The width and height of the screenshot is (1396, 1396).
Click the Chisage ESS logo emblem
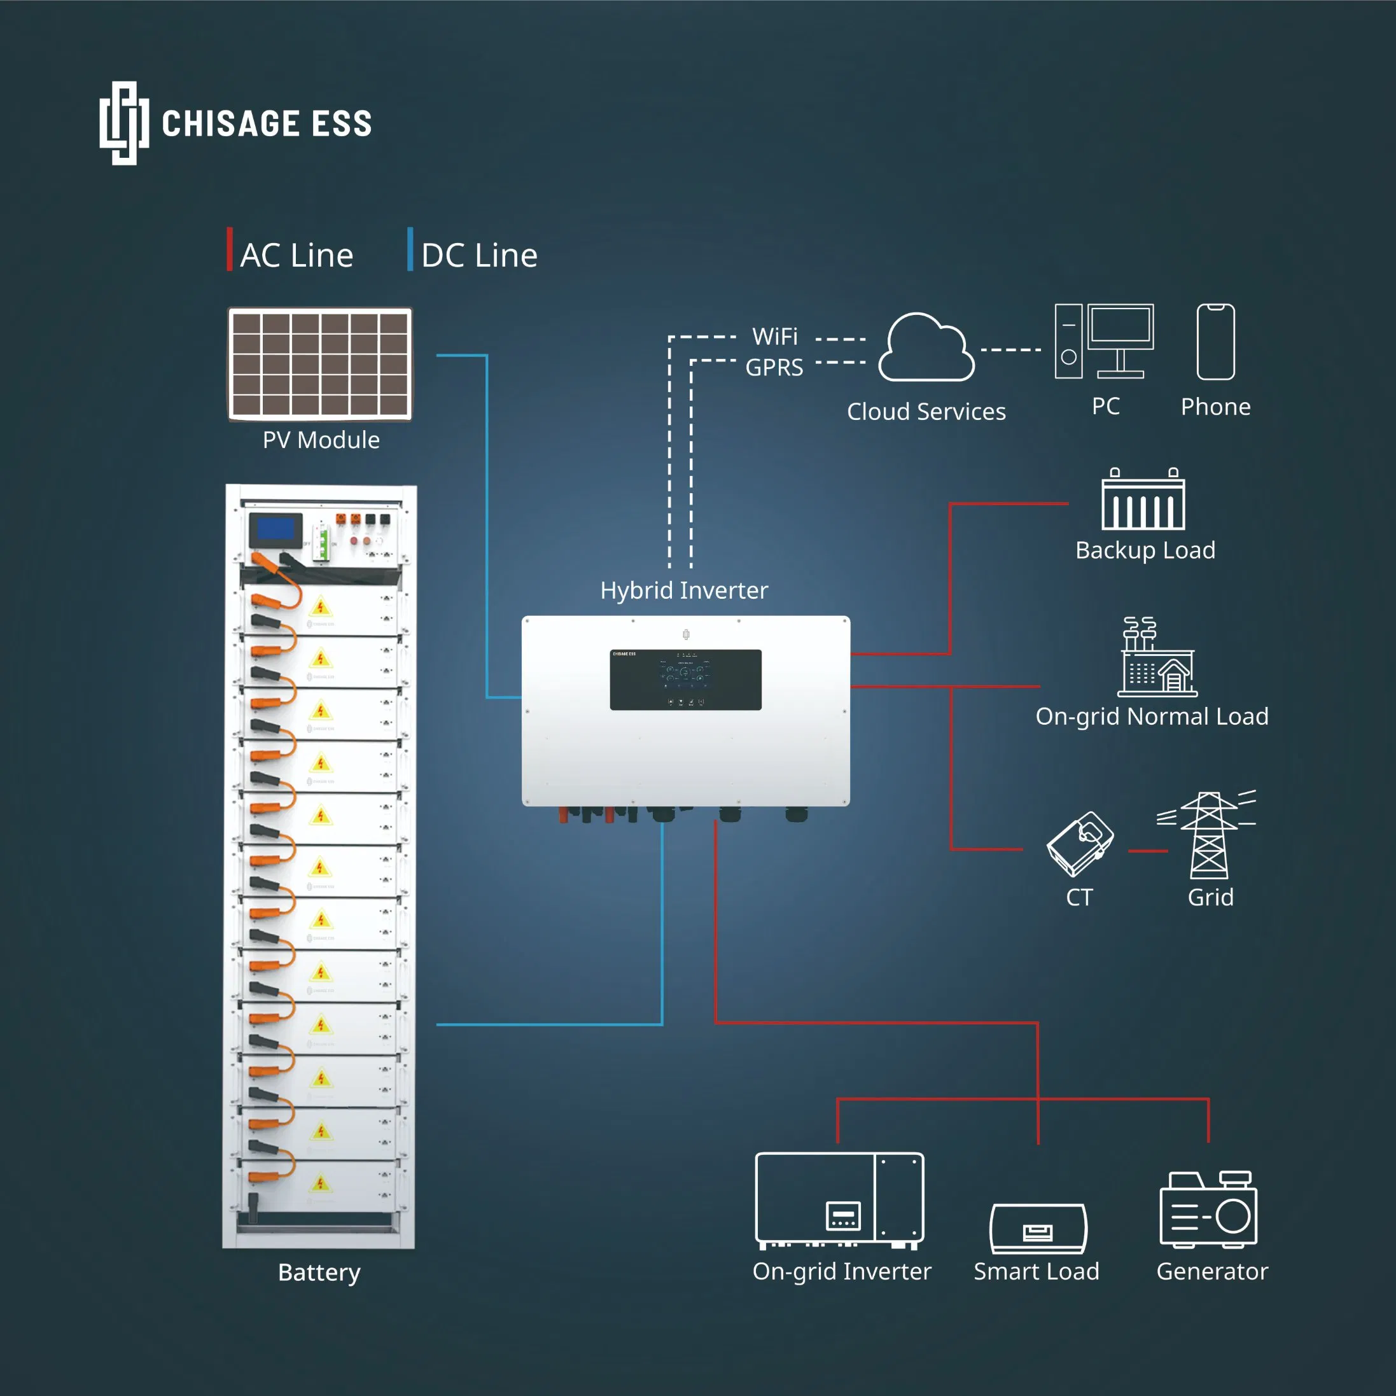coord(124,123)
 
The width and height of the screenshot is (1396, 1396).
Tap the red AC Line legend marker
coord(230,249)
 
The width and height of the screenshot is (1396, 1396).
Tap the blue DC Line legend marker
coord(410,249)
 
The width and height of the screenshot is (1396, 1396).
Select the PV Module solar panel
coord(320,363)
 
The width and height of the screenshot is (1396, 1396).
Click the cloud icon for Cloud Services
coord(926,348)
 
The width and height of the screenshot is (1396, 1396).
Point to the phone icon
coord(1215,342)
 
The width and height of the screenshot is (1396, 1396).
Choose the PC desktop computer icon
coord(1104,342)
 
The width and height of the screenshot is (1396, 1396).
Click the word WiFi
coord(774,337)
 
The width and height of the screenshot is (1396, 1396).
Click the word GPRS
coord(774,367)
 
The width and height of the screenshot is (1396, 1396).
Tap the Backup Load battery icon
coord(1143,500)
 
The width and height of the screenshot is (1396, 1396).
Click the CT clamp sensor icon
coord(1080,844)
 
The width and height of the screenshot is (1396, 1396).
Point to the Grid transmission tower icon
coord(1208,835)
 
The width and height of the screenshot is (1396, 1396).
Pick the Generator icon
coord(1208,1210)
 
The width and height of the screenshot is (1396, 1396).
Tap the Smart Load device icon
coord(1038,1229)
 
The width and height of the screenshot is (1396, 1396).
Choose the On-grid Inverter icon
coord(839,1199)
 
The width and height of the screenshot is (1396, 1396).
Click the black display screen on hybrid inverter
coord(685,679)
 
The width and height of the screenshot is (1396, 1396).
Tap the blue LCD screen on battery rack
coord(276,529)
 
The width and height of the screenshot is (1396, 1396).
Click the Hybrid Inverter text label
coord(683,590)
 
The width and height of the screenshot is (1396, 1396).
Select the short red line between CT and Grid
coord(1147,851)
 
